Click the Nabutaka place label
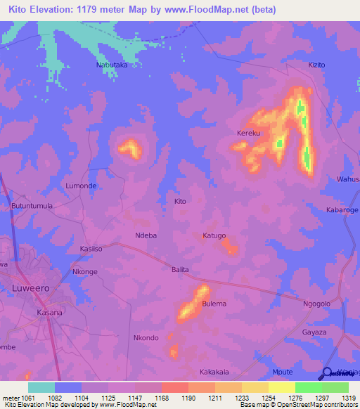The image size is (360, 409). (x=112, y=65)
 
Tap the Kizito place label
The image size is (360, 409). (x=317, y=65)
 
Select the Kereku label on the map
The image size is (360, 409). (x=248, y=133)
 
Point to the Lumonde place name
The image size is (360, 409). (x=81, y=186)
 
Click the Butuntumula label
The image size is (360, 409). (x=32, y=206)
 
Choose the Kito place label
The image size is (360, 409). (x=180, y=201)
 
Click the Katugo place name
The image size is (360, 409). (x=214, y=235)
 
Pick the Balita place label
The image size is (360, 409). (x=181, y=269)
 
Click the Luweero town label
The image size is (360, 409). (x=30, y=288)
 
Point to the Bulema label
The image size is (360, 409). (x=214, y=304)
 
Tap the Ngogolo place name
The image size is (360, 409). (x=316, y=304)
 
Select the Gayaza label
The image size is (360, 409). (x=314, y=332)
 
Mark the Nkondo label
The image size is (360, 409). (x=146, y=338)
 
